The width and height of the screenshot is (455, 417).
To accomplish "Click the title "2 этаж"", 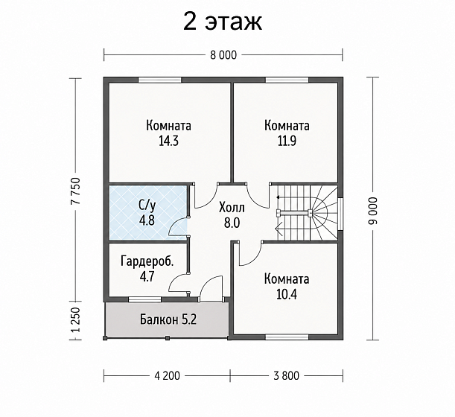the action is click(223, 22).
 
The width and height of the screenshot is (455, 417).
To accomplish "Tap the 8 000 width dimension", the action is click(223, 55).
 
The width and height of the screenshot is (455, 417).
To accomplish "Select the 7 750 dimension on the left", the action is click(75, 191).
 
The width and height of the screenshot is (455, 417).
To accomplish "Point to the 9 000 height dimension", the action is click(372, 211).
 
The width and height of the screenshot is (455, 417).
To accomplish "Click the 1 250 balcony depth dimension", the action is click(75, 319).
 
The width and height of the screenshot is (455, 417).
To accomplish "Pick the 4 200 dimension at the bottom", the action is click(167, 375).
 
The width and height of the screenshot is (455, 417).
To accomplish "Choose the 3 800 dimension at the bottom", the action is click(286, 375).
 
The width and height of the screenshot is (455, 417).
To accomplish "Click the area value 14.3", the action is click(168, 141).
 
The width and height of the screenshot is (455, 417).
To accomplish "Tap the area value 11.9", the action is click(287, 141).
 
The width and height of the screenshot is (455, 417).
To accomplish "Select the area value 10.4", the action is click(287, 294).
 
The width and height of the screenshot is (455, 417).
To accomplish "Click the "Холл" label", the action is click(232, 208).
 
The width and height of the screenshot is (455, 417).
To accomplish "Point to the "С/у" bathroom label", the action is click(147, 206).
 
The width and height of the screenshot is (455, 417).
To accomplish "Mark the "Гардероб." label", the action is click(147, 261).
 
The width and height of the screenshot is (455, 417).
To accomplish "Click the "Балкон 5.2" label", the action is click(168, 319).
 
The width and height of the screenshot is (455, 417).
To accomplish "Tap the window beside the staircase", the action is click(340, 214).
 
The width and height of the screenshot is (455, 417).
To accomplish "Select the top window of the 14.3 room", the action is click(159, 80).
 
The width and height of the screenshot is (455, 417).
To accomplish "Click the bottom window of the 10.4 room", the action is click(287, 337).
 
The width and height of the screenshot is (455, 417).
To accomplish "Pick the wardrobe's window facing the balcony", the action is click(144, 299).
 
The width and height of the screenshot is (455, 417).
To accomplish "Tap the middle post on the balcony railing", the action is click(168, 338).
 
